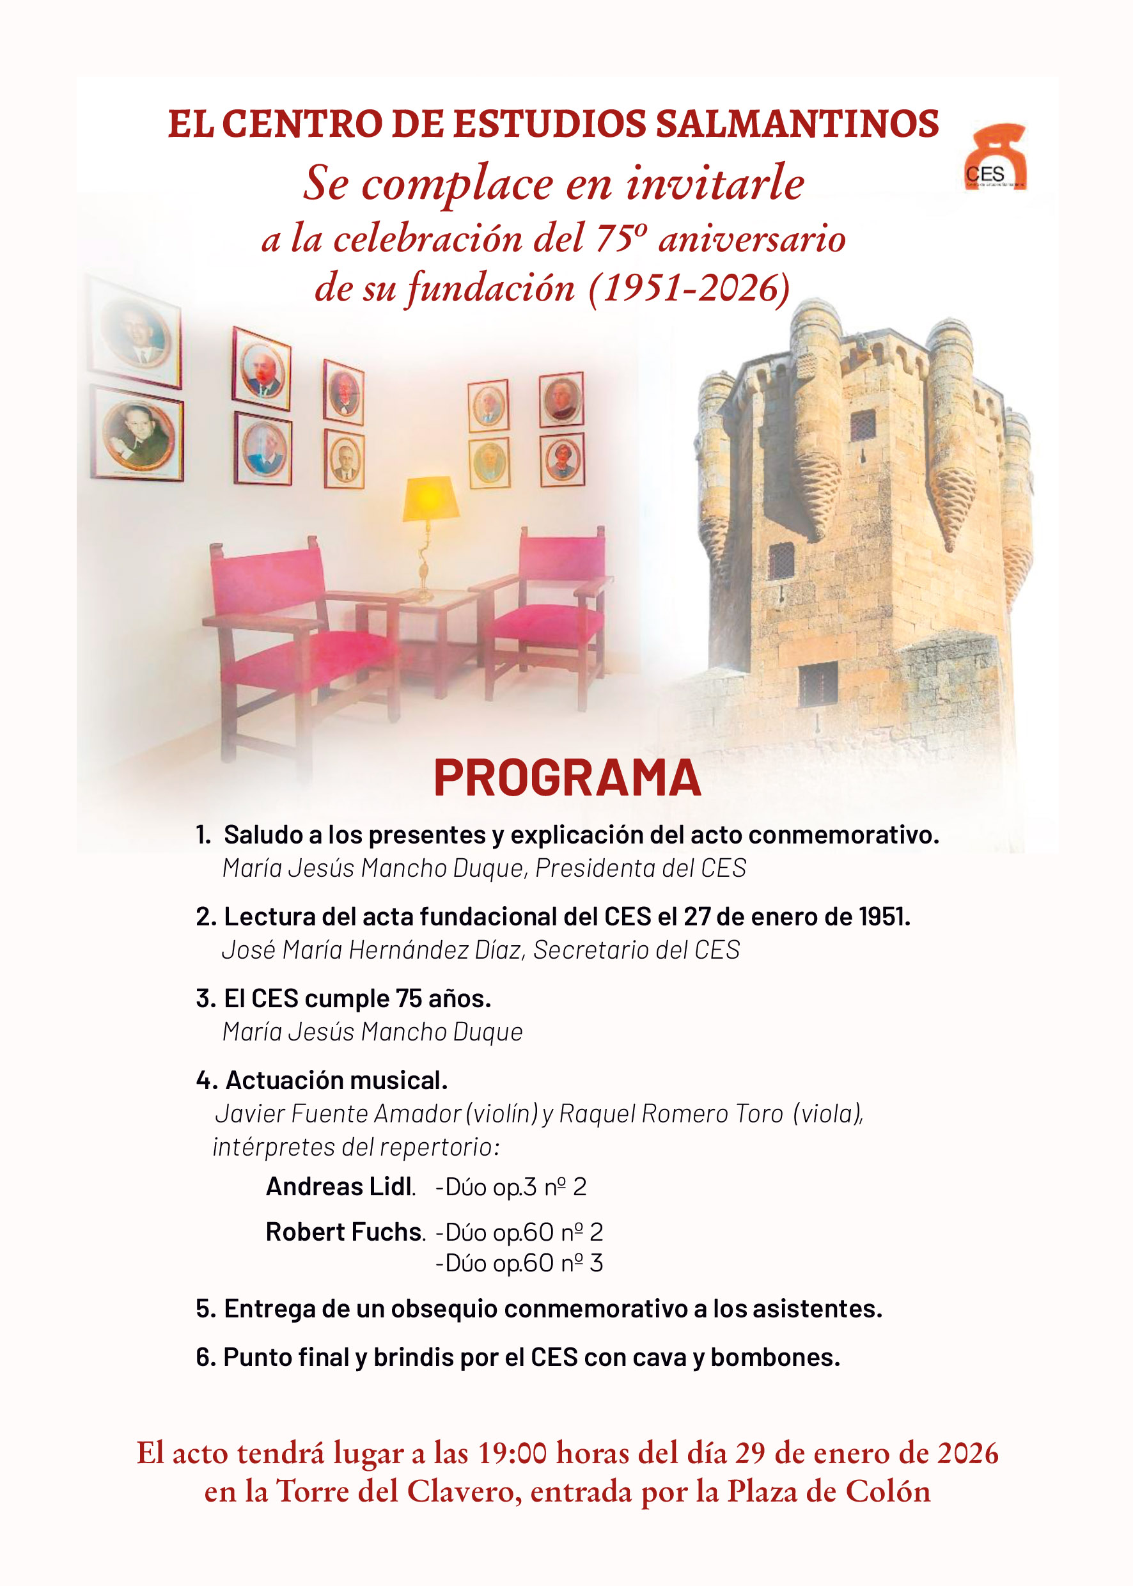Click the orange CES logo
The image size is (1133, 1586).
coord(996,159)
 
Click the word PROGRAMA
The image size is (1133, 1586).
coord(566,778)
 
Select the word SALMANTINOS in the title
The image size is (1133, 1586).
coord(797,124)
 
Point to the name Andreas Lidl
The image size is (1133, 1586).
coord(340,1186)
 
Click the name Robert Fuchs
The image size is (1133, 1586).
coord(345,1232)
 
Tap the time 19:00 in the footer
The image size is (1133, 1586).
coord(512,1453)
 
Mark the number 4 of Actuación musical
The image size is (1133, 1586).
coord(204,1080)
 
